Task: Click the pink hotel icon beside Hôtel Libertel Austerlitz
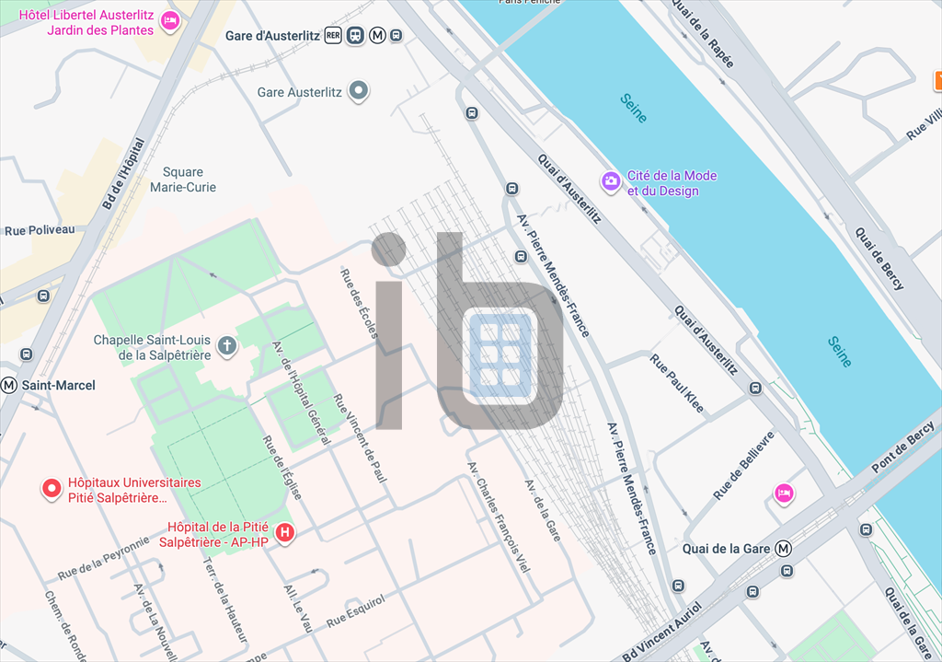[170, 21]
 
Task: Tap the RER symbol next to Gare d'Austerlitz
[333, 36]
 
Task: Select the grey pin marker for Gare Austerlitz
[360, 91]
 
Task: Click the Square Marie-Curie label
[183, 180]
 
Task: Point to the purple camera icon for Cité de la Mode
[610, 181]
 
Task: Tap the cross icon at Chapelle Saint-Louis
[226, 346]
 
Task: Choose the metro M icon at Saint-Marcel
[9, 385]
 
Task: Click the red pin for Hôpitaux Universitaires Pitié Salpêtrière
[52, 488]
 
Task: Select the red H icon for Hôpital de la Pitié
[286, 532]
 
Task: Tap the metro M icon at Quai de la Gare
[784, 549]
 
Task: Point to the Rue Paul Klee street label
[676, 380]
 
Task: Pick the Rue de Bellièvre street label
[744, 466]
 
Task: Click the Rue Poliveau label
[40, 230]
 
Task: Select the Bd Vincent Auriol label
[661, 634]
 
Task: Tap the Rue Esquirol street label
[355, 612]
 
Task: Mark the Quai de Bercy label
[879, 259]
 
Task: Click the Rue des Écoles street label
[359, 303]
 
